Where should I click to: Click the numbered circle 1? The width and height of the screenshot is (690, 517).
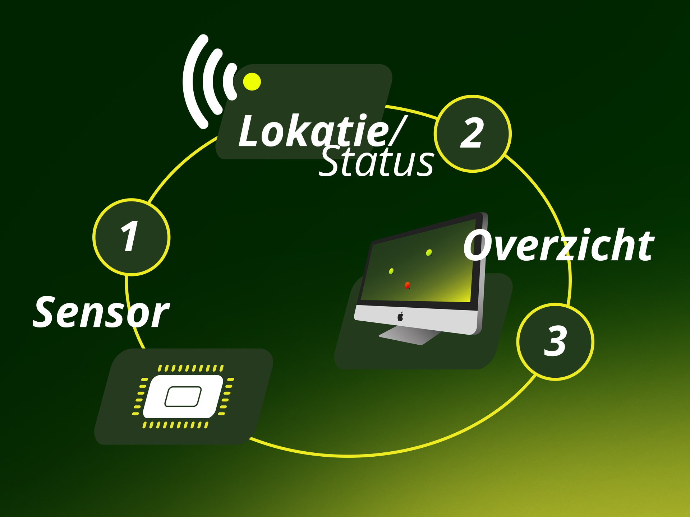coord(131,237)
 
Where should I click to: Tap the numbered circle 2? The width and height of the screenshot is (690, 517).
coord(473,134)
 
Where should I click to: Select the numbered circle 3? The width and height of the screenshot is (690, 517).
coord(555,341)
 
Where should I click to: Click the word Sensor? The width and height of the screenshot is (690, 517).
coord(101,312)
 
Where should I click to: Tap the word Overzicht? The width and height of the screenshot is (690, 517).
coord(559,246)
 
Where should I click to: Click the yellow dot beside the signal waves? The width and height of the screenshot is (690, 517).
coord(252,81)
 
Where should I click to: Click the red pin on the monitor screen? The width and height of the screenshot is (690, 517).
coord(407,285)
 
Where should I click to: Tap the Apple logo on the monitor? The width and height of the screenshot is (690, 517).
coord(400,317)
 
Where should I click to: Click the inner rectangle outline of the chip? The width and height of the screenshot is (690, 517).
coord(183,397)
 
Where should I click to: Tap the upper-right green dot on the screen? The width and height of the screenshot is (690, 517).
coord(429,253)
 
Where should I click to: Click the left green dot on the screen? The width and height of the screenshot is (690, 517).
coord(391,271)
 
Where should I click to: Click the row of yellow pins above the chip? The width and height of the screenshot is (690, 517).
coord(190,368)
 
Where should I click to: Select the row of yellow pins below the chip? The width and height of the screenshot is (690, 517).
coord(175,425)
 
